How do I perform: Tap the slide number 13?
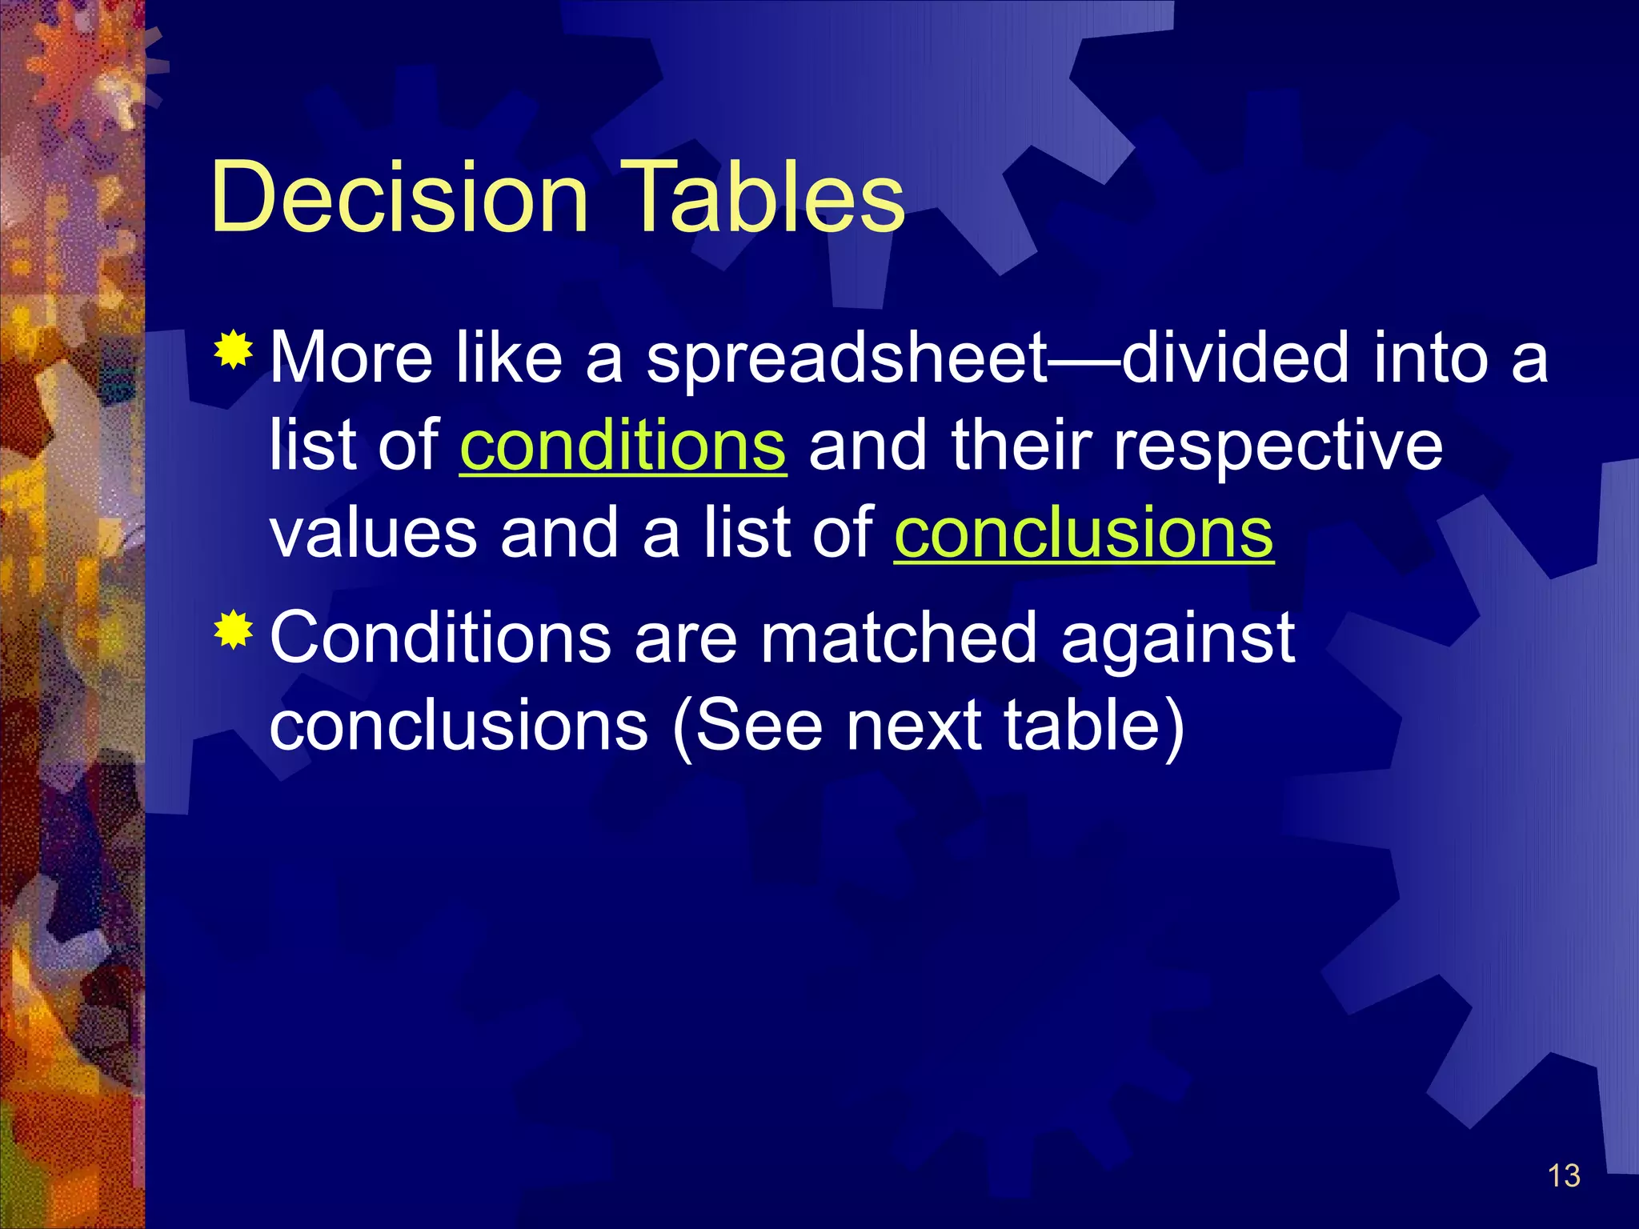pos(1564,1175)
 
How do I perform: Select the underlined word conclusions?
pos(1084,534)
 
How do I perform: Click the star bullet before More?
pos(233,349)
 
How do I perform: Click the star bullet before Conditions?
pos(233,629)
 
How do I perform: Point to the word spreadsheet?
pos(847,360)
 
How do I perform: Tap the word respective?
pos(1278,448)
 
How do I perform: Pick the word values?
pos(374,534)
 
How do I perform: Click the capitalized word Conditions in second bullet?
pos(441,638)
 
